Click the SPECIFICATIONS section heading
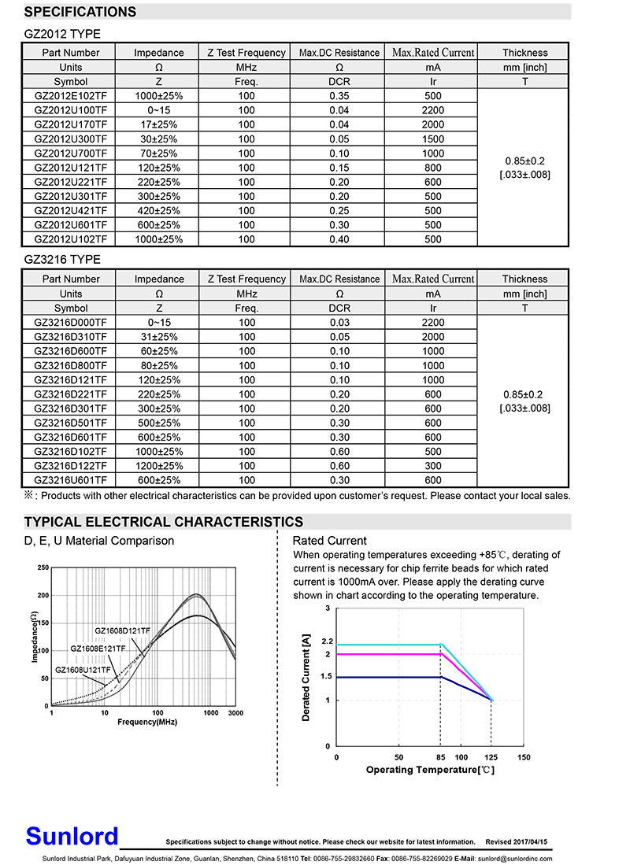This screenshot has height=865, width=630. click(80, 12)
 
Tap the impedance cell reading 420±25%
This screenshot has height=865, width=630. click(159, 211)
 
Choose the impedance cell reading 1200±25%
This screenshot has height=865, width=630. click(159, 466)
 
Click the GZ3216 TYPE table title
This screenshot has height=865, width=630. click(62, 260)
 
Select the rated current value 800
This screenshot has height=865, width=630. click(433, 168)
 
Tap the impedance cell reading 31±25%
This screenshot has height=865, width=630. click(159, 337)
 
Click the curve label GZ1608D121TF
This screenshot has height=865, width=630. click(122, 630)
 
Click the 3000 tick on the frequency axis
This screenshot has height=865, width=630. click(235, 713)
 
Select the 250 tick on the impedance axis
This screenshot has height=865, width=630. click(43, 567)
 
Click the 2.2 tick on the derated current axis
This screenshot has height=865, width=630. click(328, 641)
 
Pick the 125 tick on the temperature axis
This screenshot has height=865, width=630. click(491, 757)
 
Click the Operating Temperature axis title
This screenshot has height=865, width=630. click(430, 770)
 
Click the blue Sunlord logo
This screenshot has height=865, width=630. click(72, 836)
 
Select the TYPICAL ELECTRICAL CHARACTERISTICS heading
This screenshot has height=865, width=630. click(164, 522)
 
